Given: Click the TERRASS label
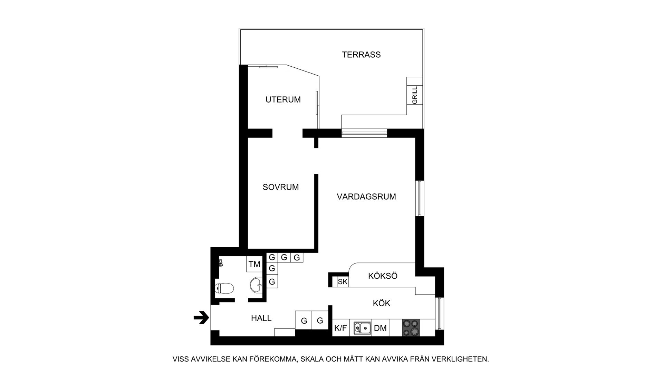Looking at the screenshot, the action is (x=361, y=55).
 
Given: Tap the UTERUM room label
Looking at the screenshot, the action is (x=283, y=99).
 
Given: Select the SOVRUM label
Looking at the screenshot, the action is (x=281, y=187).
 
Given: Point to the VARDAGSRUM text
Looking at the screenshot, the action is (x=366, y=197).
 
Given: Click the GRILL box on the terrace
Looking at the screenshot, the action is (x=415, y=95).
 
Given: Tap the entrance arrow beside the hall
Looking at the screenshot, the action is (x=202, y=318).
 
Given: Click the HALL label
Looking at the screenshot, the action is (x=261, y=318).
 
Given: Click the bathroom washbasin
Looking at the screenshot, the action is (x=256, y=284).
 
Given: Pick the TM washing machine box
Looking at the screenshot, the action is (x=254, y=264).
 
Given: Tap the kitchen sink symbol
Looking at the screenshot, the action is (x=362, y=328).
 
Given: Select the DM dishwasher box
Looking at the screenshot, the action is (x=380, y=328).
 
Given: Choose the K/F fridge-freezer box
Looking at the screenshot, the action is (x=341, y=328).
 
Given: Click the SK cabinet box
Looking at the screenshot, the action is (x=343, y=281).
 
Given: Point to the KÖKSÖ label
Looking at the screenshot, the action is (x=383, y=276).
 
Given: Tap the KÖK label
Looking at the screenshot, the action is (x=382, y=303).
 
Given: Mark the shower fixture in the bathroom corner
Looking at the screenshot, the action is (x=221, y=263).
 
